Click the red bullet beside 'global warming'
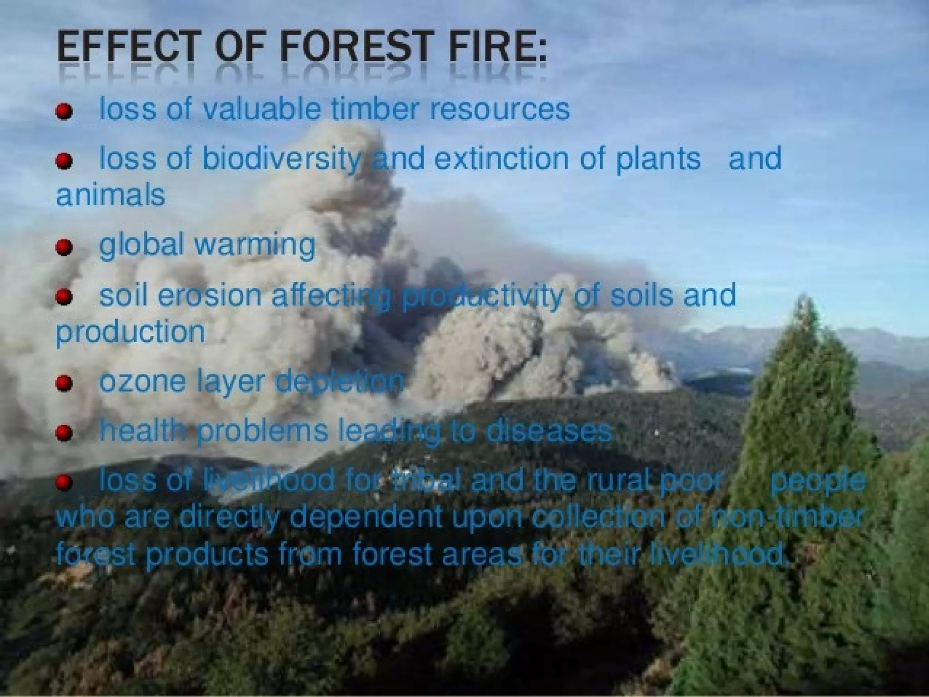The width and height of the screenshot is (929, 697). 64,247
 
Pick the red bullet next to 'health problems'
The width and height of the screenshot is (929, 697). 64,433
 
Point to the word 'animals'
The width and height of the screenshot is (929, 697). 110,196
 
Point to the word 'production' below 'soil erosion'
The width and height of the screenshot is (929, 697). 131,333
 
